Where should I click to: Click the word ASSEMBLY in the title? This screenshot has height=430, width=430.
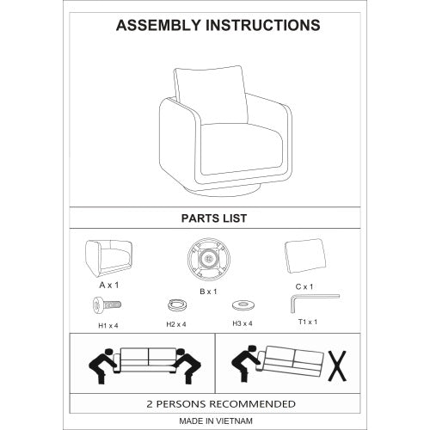pyautogui.click(x=158, y=25)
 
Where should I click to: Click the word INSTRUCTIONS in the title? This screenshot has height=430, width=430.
pyautogui.click(x=263, y=25)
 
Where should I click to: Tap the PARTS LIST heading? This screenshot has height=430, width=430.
pyautogui.click(x=214, y=218)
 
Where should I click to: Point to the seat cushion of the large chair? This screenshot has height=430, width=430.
pyautogui.click(x=241, y=149)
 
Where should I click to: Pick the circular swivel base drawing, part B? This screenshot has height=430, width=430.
pyautogui.click(x=208, y=259)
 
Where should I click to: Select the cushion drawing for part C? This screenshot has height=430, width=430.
pyautogui.click(x=306, y=255)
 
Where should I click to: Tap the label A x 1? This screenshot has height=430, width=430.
pyautogui.click(x=109, y=286)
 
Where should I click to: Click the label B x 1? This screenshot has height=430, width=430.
pyautogui.click(x=208, y=292)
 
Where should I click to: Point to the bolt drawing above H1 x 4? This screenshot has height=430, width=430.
pyautogui.click(x=107, y=305)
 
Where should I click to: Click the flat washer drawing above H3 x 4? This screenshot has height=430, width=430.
pyautogui.click(x=243, y=305)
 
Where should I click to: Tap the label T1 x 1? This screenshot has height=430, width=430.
pyautogui.click(x=308, y=322)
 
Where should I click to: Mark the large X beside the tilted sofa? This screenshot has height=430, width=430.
pyautogui.click(x=337, y=366)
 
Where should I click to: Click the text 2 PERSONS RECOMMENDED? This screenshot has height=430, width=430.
pyautogui.click(x=221, y=404)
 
